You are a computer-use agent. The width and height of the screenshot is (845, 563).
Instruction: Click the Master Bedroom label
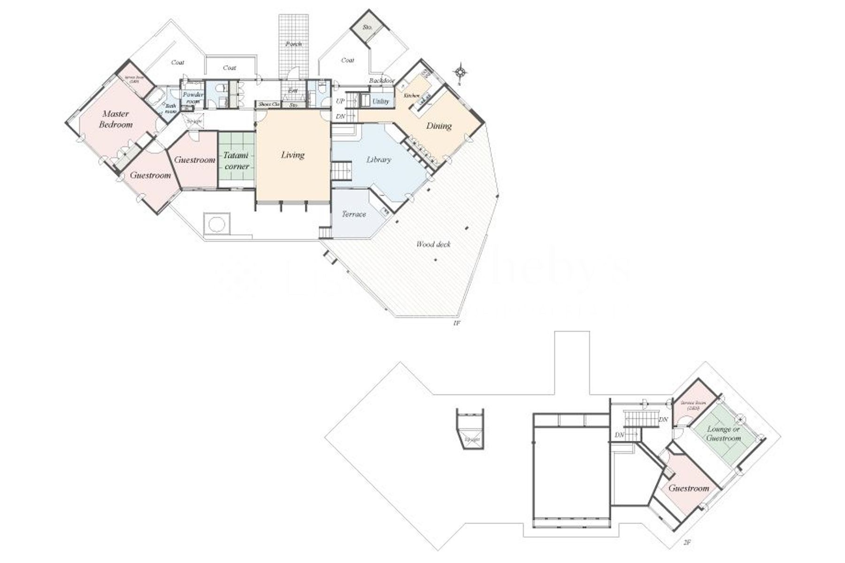pos(115,119)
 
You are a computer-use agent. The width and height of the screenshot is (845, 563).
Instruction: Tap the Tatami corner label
pos(236,160)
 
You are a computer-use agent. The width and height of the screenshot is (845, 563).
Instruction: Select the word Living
pos(293,155)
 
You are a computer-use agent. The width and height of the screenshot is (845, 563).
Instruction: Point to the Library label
pos(378,160)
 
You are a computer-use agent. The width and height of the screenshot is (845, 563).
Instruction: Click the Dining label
pos(439,126)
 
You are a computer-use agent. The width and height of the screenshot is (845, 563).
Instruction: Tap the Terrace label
pos(353,214)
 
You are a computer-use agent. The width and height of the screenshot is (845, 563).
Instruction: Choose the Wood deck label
pos(433,244)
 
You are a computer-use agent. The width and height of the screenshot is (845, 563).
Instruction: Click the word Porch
pos(294,44)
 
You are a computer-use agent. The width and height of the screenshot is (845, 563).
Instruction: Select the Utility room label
pos(380,101)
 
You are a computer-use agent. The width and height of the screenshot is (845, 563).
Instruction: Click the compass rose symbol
pos(461,72)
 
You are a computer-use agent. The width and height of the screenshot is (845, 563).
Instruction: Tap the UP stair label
pos(340,101)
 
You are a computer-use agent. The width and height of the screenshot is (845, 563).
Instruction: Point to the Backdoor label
pos(382,81)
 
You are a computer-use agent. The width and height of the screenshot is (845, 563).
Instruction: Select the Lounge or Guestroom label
pos(723,434)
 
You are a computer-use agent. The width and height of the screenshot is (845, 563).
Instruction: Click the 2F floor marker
pos(687,542)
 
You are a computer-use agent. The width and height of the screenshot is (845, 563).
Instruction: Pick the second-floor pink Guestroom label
pos(689,488)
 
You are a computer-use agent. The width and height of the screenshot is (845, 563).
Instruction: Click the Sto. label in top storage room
pos(368,28)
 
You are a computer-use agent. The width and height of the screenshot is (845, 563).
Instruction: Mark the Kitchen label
pos(412,96)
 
